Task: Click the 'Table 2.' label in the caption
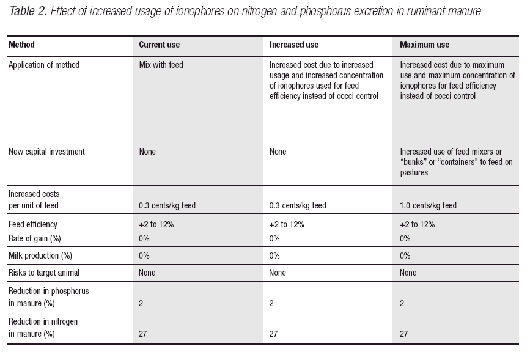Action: pyautogui.click(x=28, y=11)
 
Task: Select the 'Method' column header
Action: pyautogui.click(x=21, y=45)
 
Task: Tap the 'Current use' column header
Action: pyautogui.click(x=159, y=45)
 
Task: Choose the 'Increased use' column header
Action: pyautogui.click(x=293, y=45)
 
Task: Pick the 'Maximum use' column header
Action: pyautogui.click(x=424, y=45)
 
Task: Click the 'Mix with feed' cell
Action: pyautogui.click(x=161, y=65)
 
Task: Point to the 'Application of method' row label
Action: pyautogui.click(x=44, y=65)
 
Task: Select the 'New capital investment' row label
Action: pyautogui.click(x=46, y=152)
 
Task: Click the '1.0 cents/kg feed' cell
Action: pyautogui.click(x=428, y=205)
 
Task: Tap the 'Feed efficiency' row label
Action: pyautogui.click(x=33, y=224)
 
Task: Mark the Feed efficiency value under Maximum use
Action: pyautogui.click(x=417, y=224)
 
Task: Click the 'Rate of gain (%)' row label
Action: pyautogui.click(x=34, y=238)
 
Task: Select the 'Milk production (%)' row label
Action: pyautogui.click(x=40, y=255)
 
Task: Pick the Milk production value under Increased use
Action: pyautogui.click(x=274, y=255)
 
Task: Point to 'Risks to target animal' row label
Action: pyautogui.click(x=44, y=273)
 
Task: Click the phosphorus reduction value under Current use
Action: pyautogui.click(x=141, y=303)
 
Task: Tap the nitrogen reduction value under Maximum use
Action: pyautogui.click(x=403, y=334)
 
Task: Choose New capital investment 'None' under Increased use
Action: pyautogui.click(x=278, y=152)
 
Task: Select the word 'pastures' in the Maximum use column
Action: pyautogui.click(x=414, y=172)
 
